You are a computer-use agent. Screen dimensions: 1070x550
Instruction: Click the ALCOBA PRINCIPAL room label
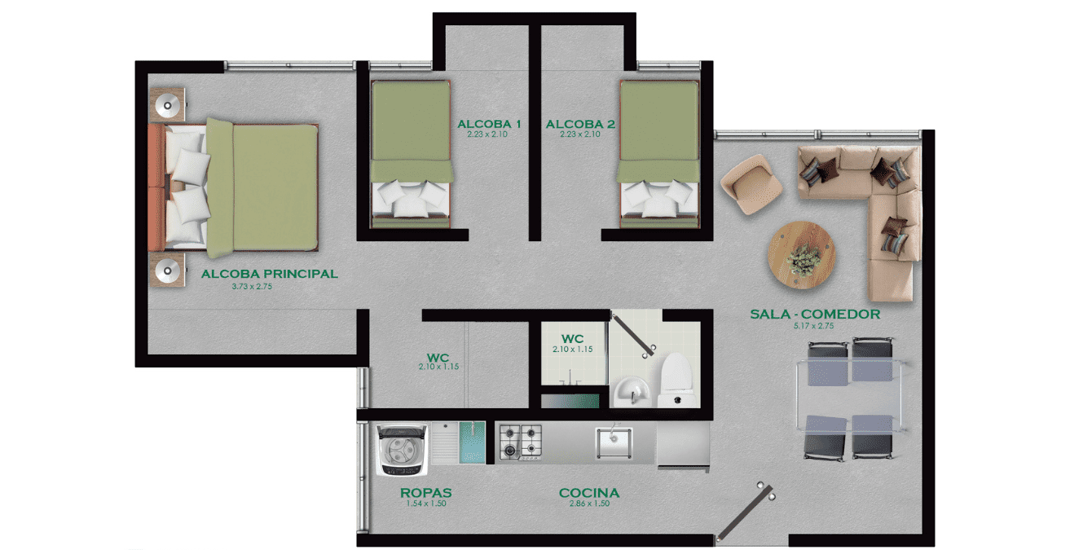point(270,274)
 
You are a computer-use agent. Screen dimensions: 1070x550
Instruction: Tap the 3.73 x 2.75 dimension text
point(252,287)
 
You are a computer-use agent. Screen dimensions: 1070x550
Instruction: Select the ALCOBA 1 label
point(489,124)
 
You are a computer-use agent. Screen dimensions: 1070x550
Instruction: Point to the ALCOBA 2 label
point(580,124)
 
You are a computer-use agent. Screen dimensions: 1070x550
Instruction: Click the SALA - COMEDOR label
point(815,315)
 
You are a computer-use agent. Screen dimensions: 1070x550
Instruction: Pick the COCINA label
point(589,493)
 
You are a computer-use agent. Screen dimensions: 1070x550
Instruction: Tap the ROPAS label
point(426,493)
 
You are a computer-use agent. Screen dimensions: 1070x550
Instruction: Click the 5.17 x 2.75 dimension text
point(814,326)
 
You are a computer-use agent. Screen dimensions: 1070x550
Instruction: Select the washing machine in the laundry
point(402,450)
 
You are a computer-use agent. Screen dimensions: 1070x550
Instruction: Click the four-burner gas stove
point(520,442)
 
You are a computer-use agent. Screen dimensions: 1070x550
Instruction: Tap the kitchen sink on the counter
point(614,443)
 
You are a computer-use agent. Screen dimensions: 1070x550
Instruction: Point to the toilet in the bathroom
point(676,380)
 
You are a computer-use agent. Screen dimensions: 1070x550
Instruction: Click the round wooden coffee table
point(802,255)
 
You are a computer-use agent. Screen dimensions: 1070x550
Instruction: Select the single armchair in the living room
point(751,184)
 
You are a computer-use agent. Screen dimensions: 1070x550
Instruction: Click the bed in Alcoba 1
point(412,154)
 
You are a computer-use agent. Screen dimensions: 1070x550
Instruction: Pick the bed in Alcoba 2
point(659,154)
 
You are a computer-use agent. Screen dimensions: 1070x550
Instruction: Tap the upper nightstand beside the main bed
point(167,104)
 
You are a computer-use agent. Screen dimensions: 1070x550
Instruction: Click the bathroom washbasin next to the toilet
point(631,392)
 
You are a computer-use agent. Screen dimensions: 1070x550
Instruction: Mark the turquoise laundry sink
point(472,442)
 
